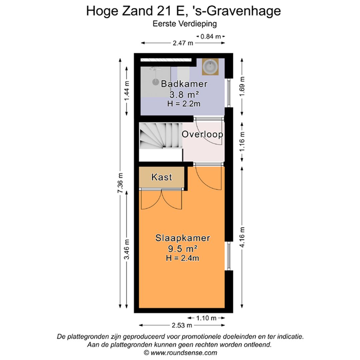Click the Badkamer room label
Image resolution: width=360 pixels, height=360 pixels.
pyautogui.click(x=184, y=84)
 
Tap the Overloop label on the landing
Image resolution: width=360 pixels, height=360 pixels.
pyautogui.click(x=202, y=135)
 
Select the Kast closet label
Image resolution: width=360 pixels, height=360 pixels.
pyautogui.click(x=162, y=177)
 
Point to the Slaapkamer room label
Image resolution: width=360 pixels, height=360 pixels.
pyautogui.click(x=183, y=238)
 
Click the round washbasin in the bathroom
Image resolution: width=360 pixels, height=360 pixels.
pyautogui.click(x=210, y=67)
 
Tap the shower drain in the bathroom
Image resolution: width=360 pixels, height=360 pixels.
pyautogui.click(x=155, y=81)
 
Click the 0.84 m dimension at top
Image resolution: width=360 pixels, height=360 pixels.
pyautogui.click(x=211, y=36)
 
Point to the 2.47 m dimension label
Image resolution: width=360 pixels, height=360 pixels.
pyautogui.click(x=183, y=43)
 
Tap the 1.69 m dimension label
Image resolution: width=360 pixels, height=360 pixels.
pyautogui.click(x=242, y=86)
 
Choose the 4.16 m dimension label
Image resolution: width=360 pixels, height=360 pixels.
pyautogui.click(x=242, y=237)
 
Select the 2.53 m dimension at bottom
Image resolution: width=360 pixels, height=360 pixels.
pyautogui.click(x=182, y=325)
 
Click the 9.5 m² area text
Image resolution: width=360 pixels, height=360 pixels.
pyautogui.click(x=183, y=248)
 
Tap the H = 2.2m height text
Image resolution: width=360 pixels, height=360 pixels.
pyautogui.click(x=184, y=104)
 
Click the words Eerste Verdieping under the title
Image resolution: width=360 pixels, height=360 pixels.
pyautogui.click(x=185, y=24)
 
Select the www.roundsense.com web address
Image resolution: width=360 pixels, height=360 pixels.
pyautogui.click(x=184, y=353)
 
